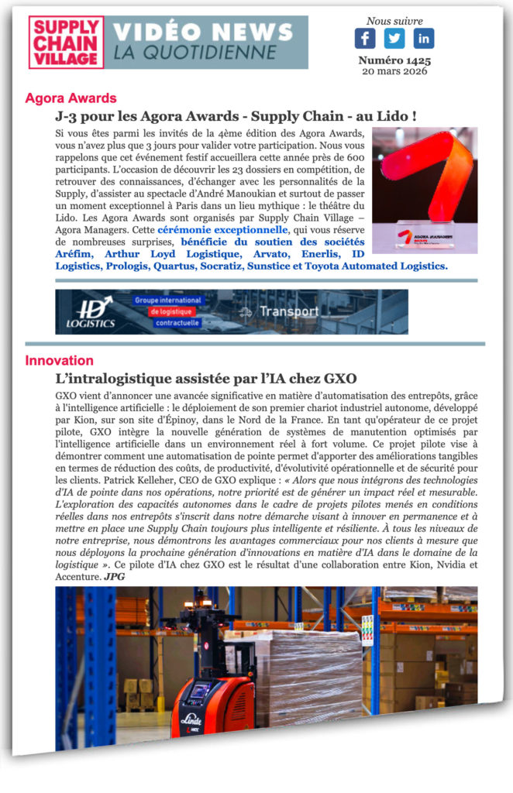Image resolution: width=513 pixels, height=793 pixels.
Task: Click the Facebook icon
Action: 365,39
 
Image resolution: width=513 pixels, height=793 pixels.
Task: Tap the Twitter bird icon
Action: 394,39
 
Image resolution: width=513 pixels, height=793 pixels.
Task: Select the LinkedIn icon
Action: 424,39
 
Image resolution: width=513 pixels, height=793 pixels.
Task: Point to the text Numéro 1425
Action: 394,60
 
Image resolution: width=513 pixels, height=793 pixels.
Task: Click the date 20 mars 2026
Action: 394,71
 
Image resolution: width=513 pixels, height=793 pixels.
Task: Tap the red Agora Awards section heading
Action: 71,98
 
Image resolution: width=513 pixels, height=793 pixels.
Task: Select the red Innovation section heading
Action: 59,360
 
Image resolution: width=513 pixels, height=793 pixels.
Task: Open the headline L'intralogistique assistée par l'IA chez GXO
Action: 206,379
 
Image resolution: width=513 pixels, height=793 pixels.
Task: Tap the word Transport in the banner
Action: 288,312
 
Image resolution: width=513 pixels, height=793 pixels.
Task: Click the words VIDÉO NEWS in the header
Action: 203,32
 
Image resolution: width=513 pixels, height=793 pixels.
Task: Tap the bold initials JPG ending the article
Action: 114,577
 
